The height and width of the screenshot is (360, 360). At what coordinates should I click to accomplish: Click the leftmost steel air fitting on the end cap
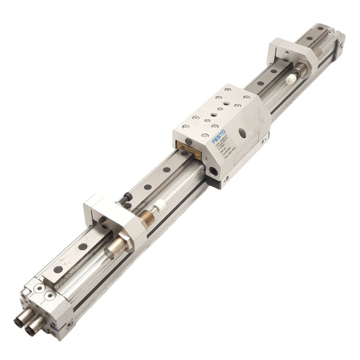pos(21,321)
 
